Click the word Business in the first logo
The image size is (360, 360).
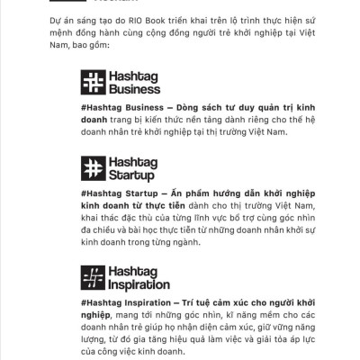(134, 91)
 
